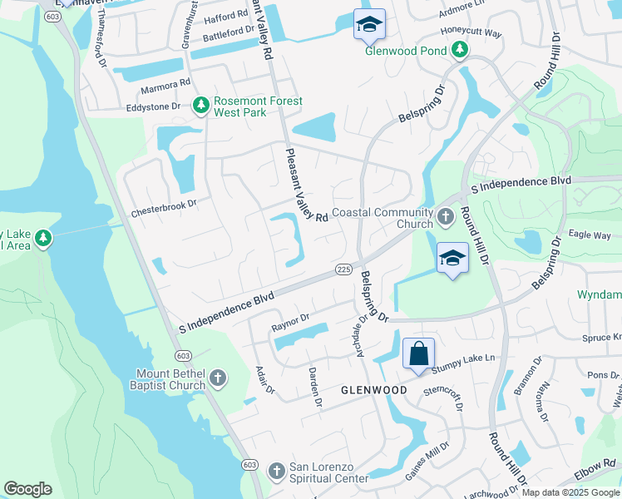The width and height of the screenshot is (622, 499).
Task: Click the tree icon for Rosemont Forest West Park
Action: click(200, 106)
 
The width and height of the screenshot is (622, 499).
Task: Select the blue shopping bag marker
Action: click(418, 353)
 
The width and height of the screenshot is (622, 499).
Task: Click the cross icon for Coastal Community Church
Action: click(446, 218)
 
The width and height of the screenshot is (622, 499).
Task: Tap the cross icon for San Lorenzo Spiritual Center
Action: click(277, 472)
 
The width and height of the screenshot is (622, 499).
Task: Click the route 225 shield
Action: click(343, 269)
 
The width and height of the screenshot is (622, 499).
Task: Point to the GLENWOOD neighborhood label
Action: click(374, 390)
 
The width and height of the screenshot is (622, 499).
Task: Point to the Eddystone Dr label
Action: click(153, 107)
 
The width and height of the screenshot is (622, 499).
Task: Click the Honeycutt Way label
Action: click(471, 34)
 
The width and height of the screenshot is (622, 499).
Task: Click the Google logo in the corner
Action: click(28, 489)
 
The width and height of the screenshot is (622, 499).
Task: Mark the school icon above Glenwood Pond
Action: click(369, 25)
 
